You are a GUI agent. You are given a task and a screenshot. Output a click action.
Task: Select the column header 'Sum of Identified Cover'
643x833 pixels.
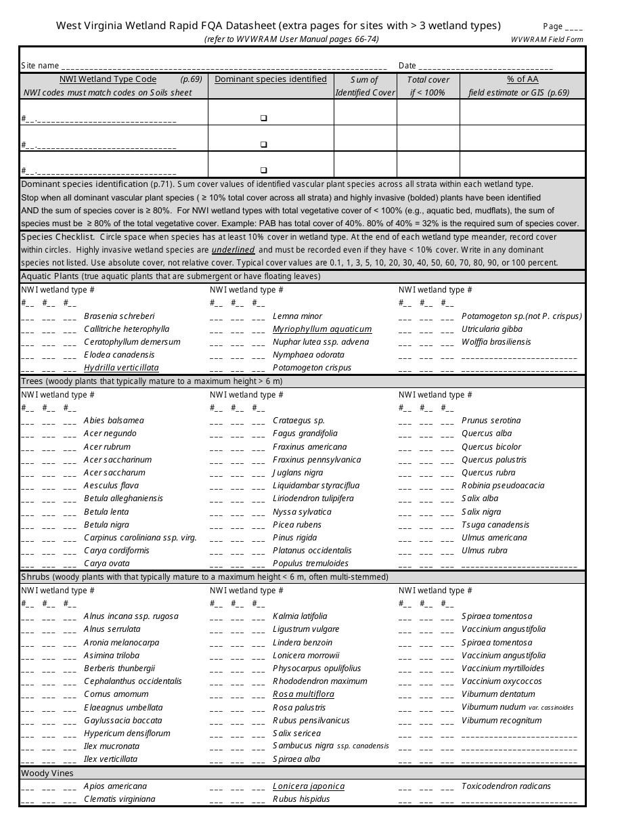pos(365,86)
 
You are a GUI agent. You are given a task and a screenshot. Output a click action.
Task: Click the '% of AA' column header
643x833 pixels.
pos(522,79)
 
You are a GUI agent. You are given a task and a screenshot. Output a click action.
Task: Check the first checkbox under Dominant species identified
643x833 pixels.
pos(264,119)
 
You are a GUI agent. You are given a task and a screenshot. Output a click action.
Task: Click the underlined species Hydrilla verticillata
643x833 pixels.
pos(121,368)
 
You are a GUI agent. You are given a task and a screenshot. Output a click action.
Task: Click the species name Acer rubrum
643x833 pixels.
pos(107,447)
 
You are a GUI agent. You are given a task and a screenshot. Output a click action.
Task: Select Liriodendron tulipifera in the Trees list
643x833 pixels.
pos(313,498)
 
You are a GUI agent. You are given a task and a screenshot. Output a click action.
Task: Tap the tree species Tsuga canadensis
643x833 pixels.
pos(495,525)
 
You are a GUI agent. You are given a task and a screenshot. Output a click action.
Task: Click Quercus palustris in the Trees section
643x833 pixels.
pos(493,460)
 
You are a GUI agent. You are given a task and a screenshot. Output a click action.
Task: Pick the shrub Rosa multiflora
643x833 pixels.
pos(303,694)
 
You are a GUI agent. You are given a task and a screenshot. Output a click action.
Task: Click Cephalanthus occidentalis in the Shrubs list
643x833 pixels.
pos(133,681)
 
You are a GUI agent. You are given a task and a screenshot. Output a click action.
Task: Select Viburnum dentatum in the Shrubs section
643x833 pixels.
pos(498,694)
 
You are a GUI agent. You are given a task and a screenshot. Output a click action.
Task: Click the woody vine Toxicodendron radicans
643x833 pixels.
pos(506,786)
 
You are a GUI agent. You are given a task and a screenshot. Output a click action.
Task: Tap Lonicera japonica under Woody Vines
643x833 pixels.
pos(308,786)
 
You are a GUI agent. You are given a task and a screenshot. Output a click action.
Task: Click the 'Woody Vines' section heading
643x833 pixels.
pos(47,773)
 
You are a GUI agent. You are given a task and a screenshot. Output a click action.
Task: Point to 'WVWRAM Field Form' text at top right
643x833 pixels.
pos(547,40)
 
